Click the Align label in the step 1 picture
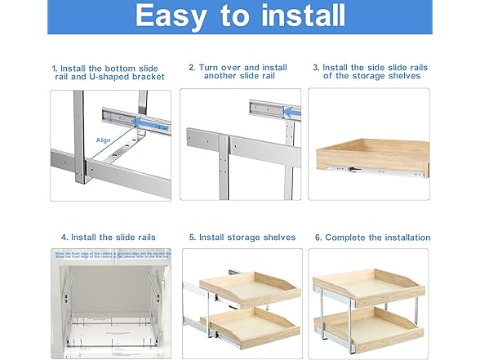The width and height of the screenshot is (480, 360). (104, 140)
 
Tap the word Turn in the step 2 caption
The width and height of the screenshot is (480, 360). (210, 68)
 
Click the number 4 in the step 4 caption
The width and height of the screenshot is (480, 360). (64, 238)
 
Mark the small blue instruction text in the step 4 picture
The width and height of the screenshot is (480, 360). (110, 256)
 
